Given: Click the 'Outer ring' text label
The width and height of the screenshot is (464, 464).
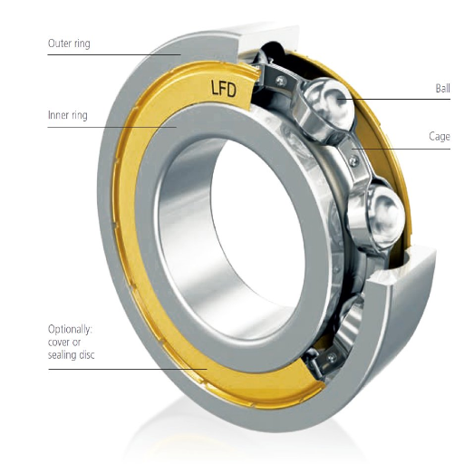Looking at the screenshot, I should click(70, 43).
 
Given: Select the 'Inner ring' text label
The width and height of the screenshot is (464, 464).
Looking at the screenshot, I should click(69, 116).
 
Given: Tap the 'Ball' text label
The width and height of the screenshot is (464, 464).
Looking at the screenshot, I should click(441, 89).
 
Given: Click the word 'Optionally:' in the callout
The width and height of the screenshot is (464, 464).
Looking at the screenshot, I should click(72, 328).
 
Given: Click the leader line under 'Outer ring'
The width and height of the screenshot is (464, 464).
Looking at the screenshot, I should click(109, 55).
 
